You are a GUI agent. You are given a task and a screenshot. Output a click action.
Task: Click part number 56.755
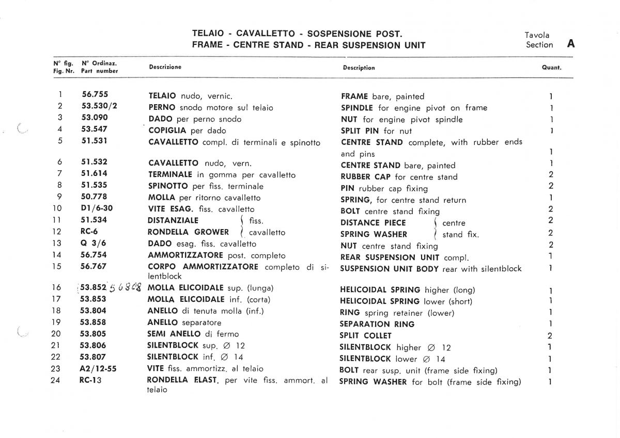(x=95, y=95)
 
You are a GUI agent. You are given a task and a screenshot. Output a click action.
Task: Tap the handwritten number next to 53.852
(x=126, y=288)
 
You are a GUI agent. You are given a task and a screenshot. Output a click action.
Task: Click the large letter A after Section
(x=571, y=44)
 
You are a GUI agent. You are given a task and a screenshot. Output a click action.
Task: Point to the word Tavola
(x=537, y=35)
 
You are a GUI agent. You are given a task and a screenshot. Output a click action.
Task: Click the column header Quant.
(x=551, y=68)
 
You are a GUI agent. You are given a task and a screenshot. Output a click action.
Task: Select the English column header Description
(x=359, y=68)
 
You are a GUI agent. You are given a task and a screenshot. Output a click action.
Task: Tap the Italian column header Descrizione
(x=165, y=67)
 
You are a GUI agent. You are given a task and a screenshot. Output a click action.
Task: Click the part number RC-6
(x=89, y=232)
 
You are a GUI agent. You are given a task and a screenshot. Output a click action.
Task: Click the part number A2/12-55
(x=99, y=368)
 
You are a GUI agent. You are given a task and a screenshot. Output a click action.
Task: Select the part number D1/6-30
(x=97, y=209)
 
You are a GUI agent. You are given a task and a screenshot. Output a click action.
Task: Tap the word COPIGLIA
(x=168, y=131)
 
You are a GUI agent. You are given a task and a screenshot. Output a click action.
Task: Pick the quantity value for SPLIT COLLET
(x=550, y=335)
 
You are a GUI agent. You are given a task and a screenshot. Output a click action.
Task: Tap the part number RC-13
(x=91, y=380)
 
